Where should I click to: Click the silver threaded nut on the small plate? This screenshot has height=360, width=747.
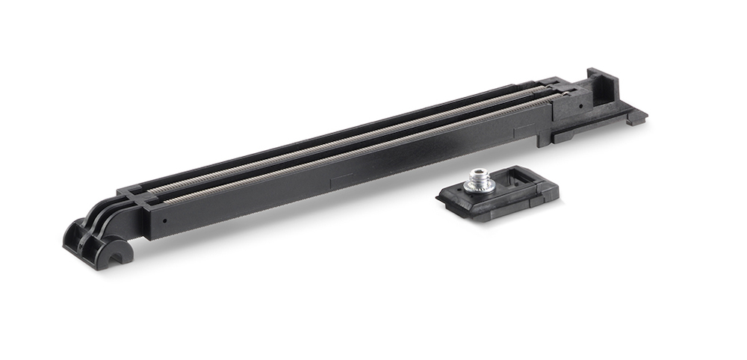[478, 180]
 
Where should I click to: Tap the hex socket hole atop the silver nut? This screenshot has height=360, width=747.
[478, 173]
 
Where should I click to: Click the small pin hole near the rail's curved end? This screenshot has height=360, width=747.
[164, 222]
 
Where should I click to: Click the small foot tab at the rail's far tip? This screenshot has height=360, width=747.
[637, 117]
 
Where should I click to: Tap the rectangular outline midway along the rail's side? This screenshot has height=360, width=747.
[341, 179]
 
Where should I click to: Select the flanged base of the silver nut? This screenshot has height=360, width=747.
[478, 187]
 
